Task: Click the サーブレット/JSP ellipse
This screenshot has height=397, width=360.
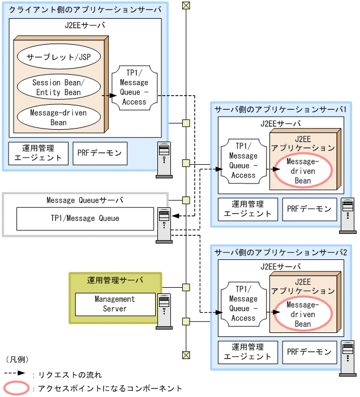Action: [x=58, y=57]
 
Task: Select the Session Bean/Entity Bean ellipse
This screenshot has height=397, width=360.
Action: [x=58, y=87]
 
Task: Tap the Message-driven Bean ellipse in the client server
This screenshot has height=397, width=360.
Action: [x=58, y=117]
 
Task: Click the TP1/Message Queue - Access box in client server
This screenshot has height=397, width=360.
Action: [x=134, y=87]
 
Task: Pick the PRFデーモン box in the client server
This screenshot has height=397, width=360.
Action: [x=100, y=153]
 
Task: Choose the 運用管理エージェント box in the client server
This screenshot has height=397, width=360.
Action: [x=38, y=153]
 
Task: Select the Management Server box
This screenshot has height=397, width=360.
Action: [x=115, y=304]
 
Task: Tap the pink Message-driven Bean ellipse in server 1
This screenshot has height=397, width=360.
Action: [x=303, y=172]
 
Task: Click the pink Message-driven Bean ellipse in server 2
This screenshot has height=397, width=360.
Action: [x=303, y=314]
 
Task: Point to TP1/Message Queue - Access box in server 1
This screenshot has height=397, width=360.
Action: [x=243, y=160]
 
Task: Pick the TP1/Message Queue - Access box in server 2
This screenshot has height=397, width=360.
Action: [x=243, y=304]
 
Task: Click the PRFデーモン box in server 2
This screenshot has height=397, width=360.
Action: [x=309, y=352]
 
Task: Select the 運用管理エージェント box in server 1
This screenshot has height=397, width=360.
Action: [x=248, y=209]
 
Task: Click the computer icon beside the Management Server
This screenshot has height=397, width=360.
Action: [x=164, y=311]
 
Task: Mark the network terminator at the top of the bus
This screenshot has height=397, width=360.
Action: [x=186, y=6]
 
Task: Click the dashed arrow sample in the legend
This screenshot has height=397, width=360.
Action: [x=15, y=374]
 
